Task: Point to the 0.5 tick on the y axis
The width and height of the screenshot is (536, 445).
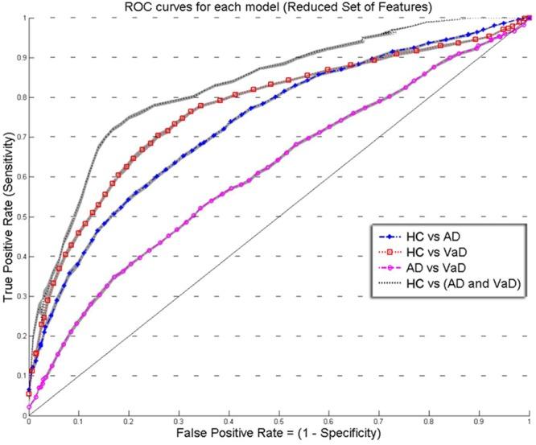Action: [x=19, y=216]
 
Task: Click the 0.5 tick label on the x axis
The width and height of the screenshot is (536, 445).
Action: [x=278, y=422]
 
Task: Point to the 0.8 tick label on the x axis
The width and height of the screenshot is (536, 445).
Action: [x=428, y=422]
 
